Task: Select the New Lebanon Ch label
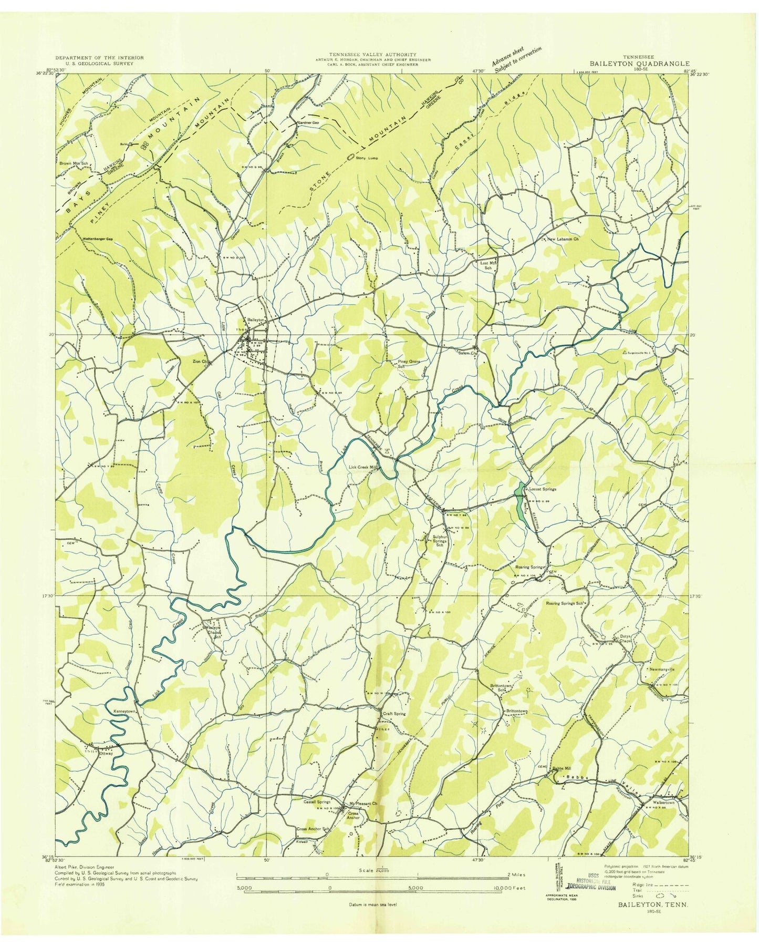(563, 239)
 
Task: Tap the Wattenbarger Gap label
(98, 239)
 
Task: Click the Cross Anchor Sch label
(313, 829)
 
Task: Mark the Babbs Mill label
(562, 768)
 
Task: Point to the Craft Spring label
(394, 714)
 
